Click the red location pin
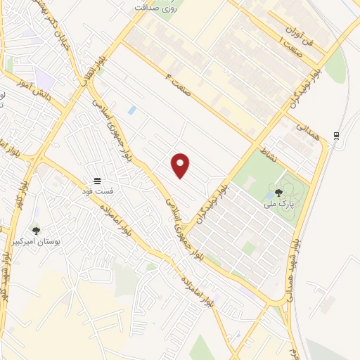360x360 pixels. pyautogui.click(x=181, y=165)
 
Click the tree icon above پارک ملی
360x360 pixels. pyautogui.click(x=279, y=193)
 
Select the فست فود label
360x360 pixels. pyautogui.click(x=97, y=191)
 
